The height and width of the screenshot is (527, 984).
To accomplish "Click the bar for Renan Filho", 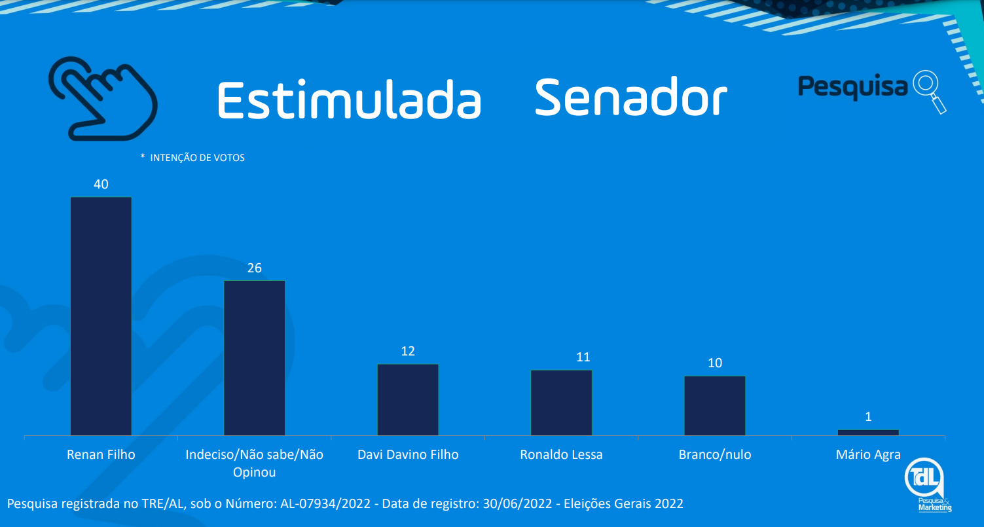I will click(x=101, y=316).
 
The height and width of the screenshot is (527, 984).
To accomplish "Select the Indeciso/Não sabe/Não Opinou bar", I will click(x=255, y=358).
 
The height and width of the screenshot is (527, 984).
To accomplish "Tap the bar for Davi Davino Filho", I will click(x=408, y=400).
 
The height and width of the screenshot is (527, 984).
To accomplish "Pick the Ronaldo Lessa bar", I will click(x=561, y=403).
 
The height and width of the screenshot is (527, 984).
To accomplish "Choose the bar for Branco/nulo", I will click(x=715, y=406).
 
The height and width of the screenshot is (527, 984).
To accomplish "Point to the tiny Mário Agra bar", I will click(x=868, y=432).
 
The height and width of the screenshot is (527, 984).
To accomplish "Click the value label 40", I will click(x=101, y=185).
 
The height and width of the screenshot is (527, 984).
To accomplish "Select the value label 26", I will click(x=255, y=268).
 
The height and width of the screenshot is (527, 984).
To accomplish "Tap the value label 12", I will click(x=408, y=352).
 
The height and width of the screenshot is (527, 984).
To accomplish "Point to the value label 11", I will click(x=583, y=357).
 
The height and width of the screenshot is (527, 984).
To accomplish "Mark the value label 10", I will click(x=715, y=363).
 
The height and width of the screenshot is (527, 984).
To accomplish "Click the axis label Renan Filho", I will click(x=101, y=454).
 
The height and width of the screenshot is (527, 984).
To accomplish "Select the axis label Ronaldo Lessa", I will click(x=561, y=454).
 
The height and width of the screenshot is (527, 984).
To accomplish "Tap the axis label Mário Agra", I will click(x=868, y=454).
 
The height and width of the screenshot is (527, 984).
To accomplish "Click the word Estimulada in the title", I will click(x=349, y=100).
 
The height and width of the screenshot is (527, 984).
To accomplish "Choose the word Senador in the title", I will click(x=630, y=98).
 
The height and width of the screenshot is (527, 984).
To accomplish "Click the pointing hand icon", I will click(x=103, y=98).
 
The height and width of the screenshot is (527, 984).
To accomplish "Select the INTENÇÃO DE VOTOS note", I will click(x=197, y=158).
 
